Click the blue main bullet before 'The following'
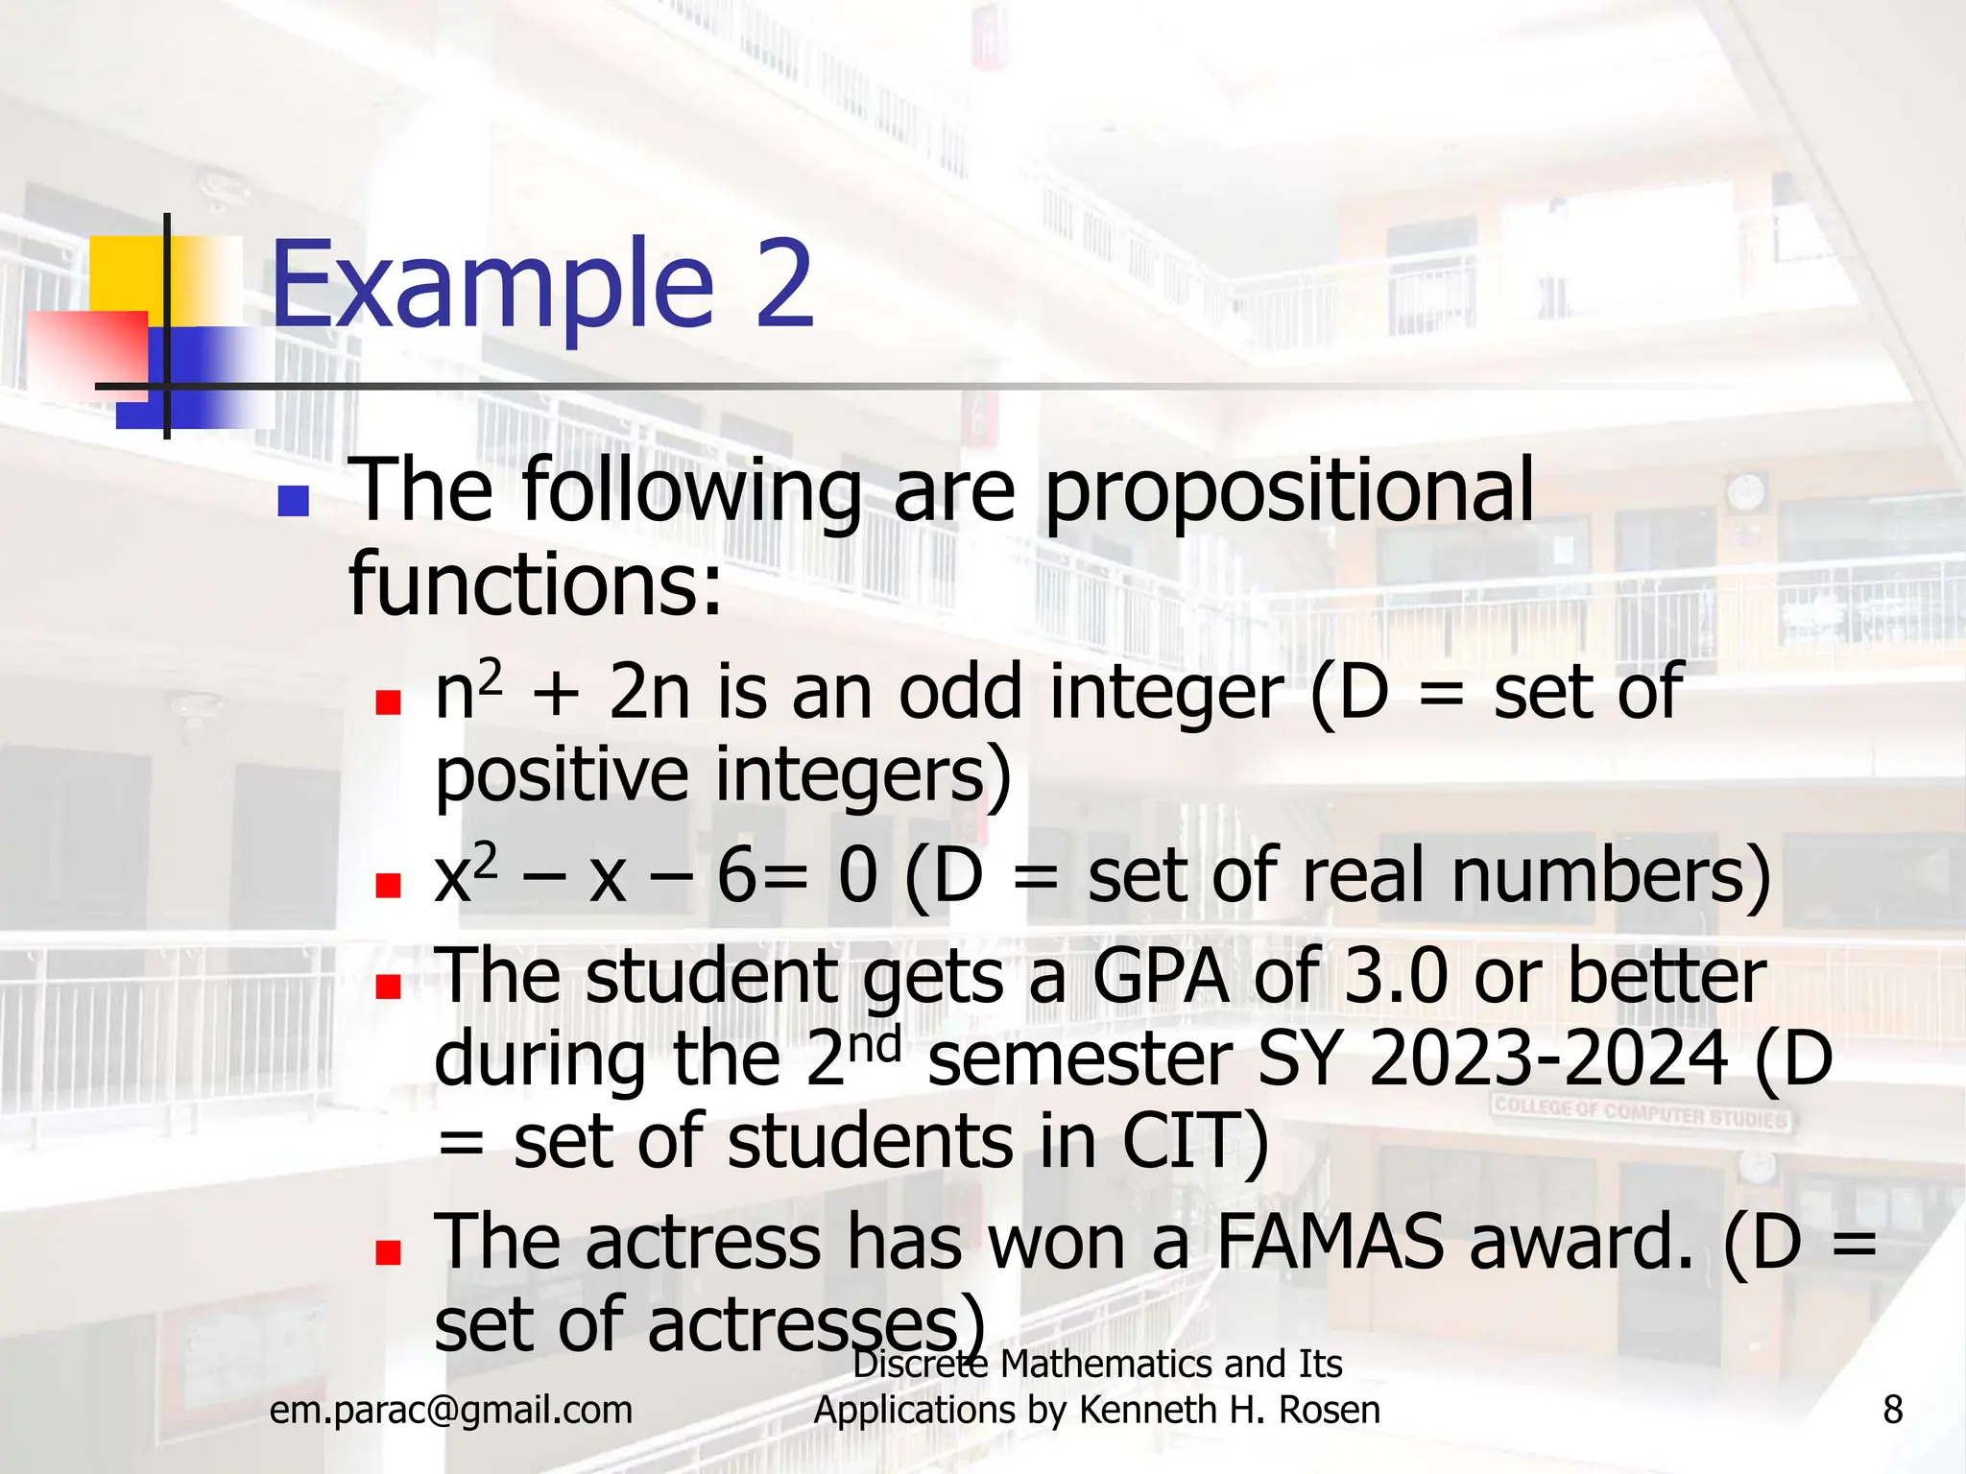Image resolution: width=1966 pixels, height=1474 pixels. pyautogui.click(x=293, y=501)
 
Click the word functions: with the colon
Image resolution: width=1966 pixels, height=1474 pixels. pyautogui.click(x=534, y=585)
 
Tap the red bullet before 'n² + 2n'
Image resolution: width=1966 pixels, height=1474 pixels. pyautogui.click(x=387, y=703)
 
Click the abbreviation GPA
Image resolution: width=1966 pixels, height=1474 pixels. pyautogui.click(x=1160, y=977)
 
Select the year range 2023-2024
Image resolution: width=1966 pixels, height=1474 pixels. pyautogui.click(x=1548, y=1059)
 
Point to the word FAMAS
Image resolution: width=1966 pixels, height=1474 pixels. pyautogui.click(x=1329, y=1242)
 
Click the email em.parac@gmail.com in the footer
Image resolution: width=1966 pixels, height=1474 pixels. pyautogui.click(x=451, y=1410)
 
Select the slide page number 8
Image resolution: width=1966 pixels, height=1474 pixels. pyautogui.click(x=1892, y=1410)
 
